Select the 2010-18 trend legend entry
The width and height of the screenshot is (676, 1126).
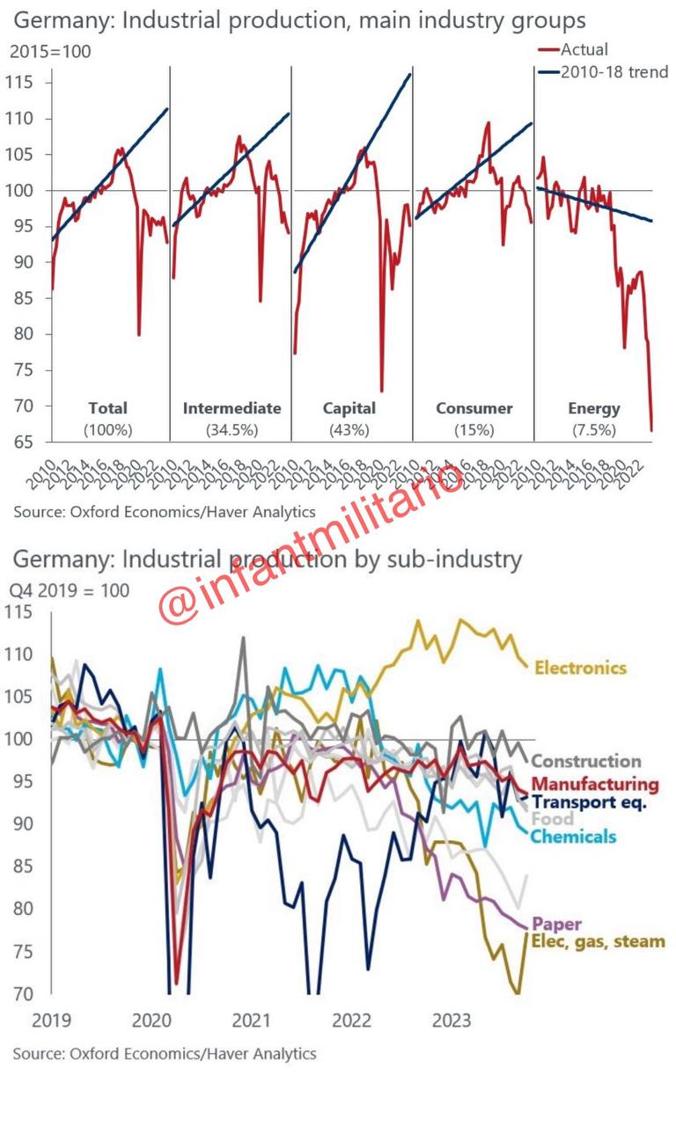(x=614, y=71)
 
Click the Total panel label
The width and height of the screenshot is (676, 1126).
(x=108, y=408)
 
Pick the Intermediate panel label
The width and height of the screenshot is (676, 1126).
(x=231, y=408)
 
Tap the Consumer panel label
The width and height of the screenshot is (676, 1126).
(x=474, y=408)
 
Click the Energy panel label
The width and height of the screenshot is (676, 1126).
(x=593, y=408)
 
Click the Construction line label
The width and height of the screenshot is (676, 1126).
(x=586, y=762)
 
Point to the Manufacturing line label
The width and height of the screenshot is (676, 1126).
(x=595, y=784)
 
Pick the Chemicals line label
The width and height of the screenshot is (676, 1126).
(x=572, y=837)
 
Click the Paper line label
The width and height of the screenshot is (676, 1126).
(x=559, y=925)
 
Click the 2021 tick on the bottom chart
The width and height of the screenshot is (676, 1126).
(x=251, y=1020)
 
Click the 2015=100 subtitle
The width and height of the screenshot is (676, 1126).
(x=50, y=52)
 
